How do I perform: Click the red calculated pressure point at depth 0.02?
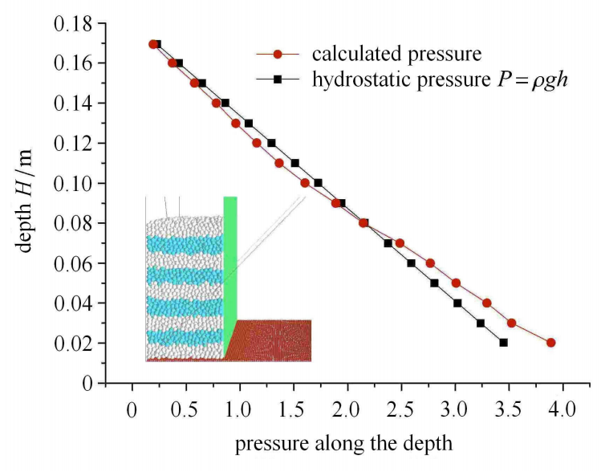click(551, 343)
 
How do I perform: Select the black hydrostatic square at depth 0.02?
click(503, 343)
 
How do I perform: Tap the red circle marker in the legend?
click(278, 55)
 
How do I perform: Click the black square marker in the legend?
click(278, 80)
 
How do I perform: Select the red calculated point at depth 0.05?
click(456, 283)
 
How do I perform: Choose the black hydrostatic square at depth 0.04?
click(457, 303)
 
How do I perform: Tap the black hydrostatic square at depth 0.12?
click(271, 143)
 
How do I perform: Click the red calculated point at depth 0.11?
click(279, 163)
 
